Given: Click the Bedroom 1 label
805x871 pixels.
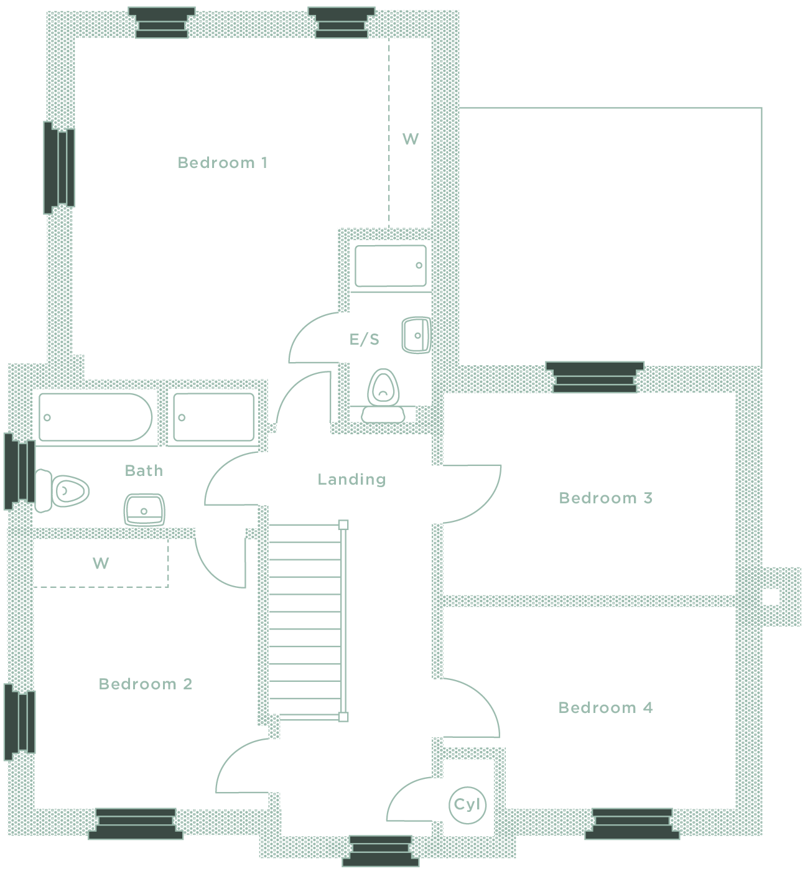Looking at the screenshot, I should coord(222,163).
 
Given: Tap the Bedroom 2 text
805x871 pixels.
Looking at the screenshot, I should coord(145,684).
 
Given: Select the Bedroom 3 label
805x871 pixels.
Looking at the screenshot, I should coord(605,498).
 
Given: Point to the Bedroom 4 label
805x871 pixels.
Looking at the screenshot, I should coord(605,708).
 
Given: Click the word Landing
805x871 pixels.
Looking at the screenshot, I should coord(351,480).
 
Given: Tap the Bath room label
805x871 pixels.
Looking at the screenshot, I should coord(144,471).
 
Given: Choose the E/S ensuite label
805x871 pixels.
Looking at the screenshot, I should coord(364,340).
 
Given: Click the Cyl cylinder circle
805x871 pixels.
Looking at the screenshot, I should coord(467,804).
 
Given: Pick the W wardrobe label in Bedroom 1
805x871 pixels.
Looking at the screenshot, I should coord(411,139).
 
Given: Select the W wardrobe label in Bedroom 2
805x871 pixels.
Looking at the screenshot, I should coord(101,564).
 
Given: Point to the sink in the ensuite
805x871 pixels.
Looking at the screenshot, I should coord(416,335).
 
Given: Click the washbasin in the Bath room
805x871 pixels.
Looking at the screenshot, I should coord(144,510).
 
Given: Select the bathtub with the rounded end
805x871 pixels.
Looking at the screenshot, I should coord(95,417).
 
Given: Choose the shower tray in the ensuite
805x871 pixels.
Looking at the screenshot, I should coord(390,266).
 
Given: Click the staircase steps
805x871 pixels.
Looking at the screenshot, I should coord(305,620).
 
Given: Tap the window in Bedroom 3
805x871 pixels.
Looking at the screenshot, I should coord(595,377).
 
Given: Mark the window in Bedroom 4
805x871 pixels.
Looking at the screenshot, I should coord(632,823).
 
